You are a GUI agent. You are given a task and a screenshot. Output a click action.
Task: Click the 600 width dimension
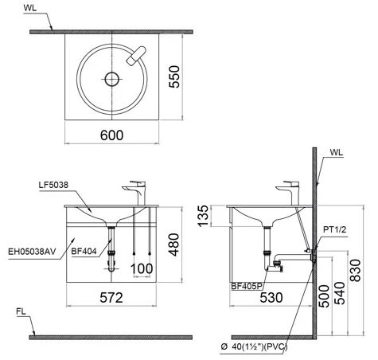[112, 135]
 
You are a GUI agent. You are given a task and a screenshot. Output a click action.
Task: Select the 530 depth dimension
[271, 297]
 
